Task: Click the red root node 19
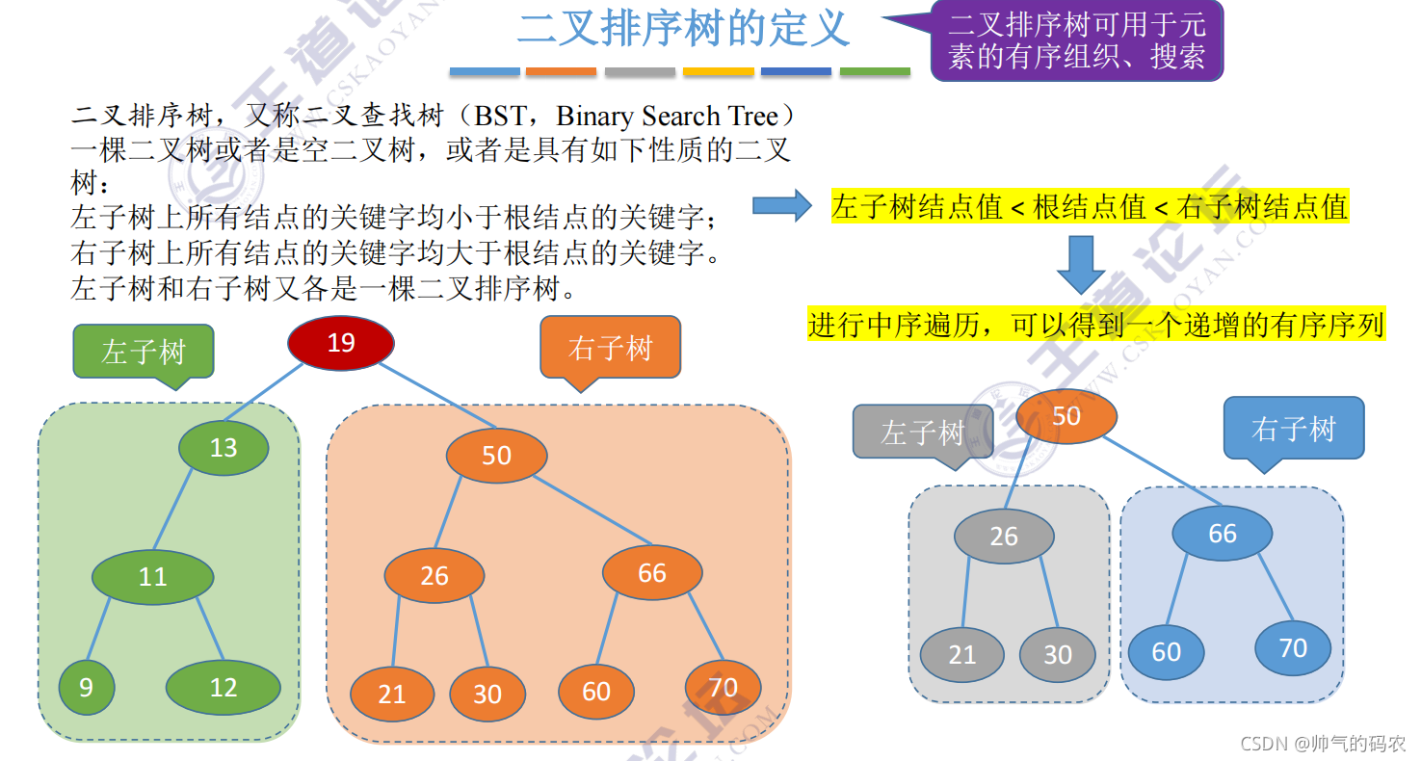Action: [x=341, y=343]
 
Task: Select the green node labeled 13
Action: [x=224, y=447]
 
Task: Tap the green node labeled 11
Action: [x=152, y=576]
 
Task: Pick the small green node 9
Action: [x=87, y=688]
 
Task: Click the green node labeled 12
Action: [x=223, y=688]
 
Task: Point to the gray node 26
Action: [x=1003, y=536]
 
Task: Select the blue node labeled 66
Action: [x=1222, y=534]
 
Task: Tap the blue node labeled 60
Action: [x=1166, y=652]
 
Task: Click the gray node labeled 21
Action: [x=961, y=655]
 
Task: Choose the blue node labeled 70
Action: [x=1292, y=648]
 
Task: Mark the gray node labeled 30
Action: [x=1057, y=655]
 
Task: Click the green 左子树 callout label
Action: [x=144, y=351]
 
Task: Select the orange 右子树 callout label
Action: [x=610, y=348]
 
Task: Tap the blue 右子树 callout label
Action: [x=1293, y=429]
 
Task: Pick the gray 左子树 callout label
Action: [x=922, y=432]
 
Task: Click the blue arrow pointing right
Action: [x=781, y=204]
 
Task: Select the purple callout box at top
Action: [x=1076, y=40]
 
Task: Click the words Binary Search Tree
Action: [x=667, y=117]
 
